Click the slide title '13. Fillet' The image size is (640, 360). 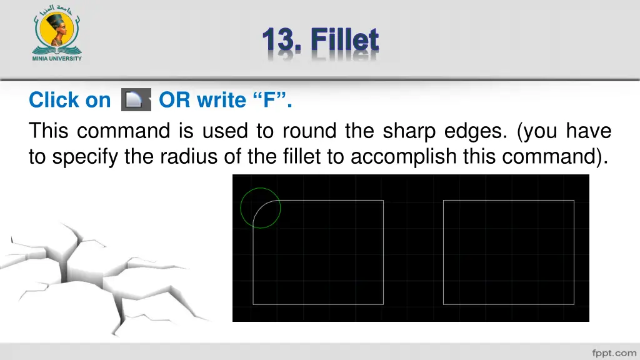coord(320,41)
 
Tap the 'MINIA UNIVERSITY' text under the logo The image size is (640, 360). coord(56,58)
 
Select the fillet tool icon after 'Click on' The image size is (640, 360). coord(134,100)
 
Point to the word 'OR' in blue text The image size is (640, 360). coord(174,100)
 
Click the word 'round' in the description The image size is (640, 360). coord(310,131)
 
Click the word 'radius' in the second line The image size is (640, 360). coord(189,157)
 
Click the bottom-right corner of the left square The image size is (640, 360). coord(383,304)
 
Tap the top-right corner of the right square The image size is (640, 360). coord(574,200)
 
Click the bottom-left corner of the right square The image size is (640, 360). coord(443,304)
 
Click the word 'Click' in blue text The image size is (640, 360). coord(52,100)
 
